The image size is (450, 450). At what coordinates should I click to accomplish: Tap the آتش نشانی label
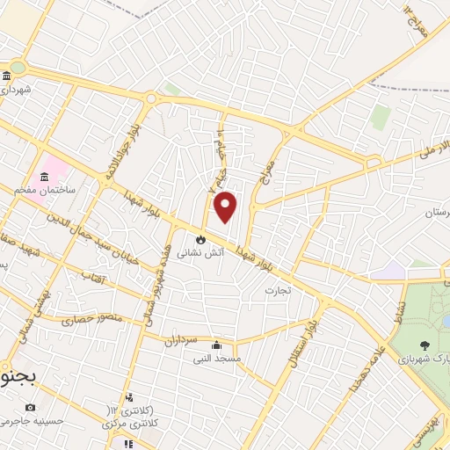[x=200, y=252]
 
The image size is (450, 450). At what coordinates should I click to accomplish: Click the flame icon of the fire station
[x=201, y=238]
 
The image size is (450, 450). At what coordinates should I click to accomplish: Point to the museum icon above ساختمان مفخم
[x=44, y=178]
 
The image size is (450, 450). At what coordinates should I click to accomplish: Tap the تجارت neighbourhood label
[x=277, y=289]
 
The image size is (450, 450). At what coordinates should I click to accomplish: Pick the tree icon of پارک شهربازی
[x=425, y=345]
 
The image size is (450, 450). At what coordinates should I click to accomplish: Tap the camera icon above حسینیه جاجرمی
[x=31, y=407]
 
